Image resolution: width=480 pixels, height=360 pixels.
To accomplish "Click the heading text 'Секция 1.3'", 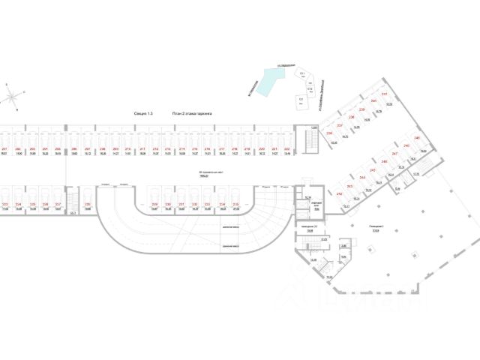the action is pyautogui.click(x=142, y=112).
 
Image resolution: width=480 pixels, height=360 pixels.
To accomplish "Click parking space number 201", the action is pyautogui.click(x=4, y=149).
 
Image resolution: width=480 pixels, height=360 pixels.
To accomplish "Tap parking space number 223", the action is pyautogui.click(x=5, y=203).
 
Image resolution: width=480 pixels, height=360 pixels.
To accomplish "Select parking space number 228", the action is pyautogui.click(x=87, y=203).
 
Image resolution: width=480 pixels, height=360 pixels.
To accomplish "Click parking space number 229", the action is pyautogui.click(x=154, y=203).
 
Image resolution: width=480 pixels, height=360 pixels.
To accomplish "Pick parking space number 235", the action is pyautogui.click(x=235, y=203).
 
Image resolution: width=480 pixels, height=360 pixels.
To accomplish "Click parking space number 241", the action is pyautogui.click(x=385, y=94).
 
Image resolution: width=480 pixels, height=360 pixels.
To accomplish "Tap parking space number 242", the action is pyautogui.click(x=339, y=193).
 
